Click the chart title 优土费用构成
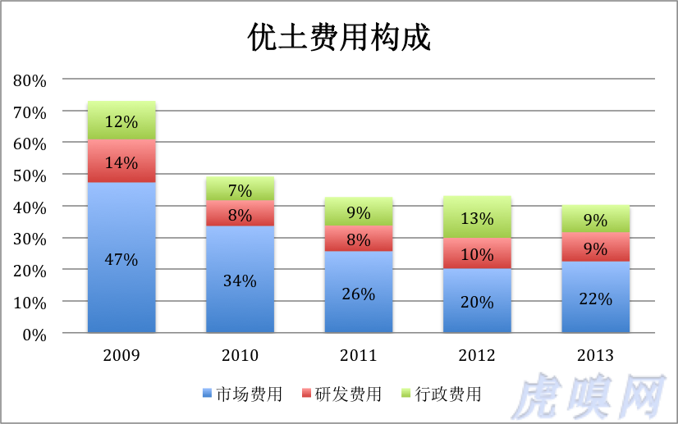tap(339, 38)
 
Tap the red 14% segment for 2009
tap(121, 161)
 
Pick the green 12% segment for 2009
tap(121, 121)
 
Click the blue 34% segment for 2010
tap(240, 280)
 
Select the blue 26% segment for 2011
tap(358, 292)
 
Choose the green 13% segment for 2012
tap(477, 217)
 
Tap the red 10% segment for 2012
tap(477, 253)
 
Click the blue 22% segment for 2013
tap(595, 298)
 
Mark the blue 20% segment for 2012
tap(477, 301)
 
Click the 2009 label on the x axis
tap(121, 356)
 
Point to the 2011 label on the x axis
tap(358, 356)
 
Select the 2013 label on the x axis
tap(595, 356)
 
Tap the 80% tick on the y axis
tap(30, 80)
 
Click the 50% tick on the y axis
tap(30, 176)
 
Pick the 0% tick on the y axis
tap(34, 335)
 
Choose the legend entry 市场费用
tap(242, 394)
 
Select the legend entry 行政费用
tap(442, 394)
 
